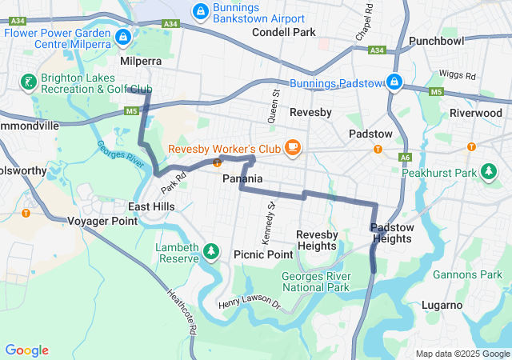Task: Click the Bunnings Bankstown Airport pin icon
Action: pyautogui.click(x=200, y=10)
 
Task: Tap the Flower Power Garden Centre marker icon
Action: pyautogui.click(x=122, y=36)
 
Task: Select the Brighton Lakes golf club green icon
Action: pyautogui.click(x=28, y=82)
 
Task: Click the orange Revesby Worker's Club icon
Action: pyautogui.click(x=293, y=146)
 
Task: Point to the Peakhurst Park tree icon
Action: pyautogui.click(x=488, y=171)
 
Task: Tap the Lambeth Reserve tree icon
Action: pyautogui.click(x=211, y=251)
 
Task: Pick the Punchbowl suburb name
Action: pyautogui.click(x=436, y=40)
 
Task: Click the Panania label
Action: pyautogui.click(x=242, y=179)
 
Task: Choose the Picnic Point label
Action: pyautogui.click(x=263, y=254)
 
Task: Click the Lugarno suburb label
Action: pyautogui.click(x=442, y=305)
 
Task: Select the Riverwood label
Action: pyautogui.click(x=476, y=113)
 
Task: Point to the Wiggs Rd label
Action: pyautogui.click(x=458, y=75)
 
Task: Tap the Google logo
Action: pyautogui.click(x=26, y=350)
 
